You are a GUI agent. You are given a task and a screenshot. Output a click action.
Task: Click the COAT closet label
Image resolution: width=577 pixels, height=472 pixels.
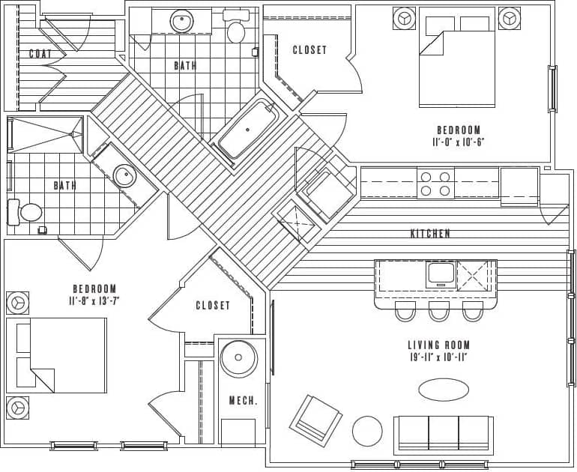click(x=40, y=54)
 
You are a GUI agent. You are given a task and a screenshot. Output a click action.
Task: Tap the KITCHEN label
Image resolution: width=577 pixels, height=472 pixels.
click(x=430, y=234)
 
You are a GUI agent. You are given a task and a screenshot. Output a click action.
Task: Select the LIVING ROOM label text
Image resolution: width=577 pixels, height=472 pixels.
click(x=439, y=345)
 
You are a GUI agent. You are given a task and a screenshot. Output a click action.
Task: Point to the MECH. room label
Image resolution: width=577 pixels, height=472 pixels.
click(x=244, y=401)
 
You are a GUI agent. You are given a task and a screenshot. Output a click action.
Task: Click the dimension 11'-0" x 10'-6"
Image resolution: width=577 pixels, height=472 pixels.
click(x=459, y=142)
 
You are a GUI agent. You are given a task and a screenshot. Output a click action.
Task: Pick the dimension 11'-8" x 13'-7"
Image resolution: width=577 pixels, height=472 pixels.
click(x=94, y=301)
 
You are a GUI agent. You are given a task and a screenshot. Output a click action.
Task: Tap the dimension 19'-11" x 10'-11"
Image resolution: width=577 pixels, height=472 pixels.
click(x=439, y=357)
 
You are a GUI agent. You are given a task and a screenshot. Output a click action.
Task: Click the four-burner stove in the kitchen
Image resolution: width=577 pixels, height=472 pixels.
click(x=435, y=184)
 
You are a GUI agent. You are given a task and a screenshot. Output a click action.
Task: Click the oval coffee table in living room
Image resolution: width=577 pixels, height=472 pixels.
click(x=444, y=390)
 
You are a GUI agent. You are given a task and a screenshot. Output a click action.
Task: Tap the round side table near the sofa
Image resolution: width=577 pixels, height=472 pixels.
click(x=367, y=431)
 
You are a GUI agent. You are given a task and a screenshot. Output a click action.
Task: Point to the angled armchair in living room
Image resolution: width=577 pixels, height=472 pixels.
click(x=315, y=420)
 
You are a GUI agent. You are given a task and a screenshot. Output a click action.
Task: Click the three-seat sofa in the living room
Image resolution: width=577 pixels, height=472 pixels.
click(x=444, y=434)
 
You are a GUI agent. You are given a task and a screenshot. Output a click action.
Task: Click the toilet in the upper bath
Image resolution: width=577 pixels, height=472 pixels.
click(x=236, y=31)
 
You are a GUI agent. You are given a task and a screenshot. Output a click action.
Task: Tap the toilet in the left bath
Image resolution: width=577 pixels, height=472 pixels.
click(x=28, y=211)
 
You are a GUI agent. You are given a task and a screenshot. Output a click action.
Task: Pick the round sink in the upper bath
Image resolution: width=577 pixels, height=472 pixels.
click(x=182, y=21)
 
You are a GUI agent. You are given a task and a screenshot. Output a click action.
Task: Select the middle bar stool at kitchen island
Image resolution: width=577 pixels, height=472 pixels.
click(x=439, y=311)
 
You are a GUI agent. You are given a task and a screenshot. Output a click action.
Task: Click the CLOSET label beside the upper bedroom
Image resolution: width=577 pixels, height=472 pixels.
click(x=309, y=50)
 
